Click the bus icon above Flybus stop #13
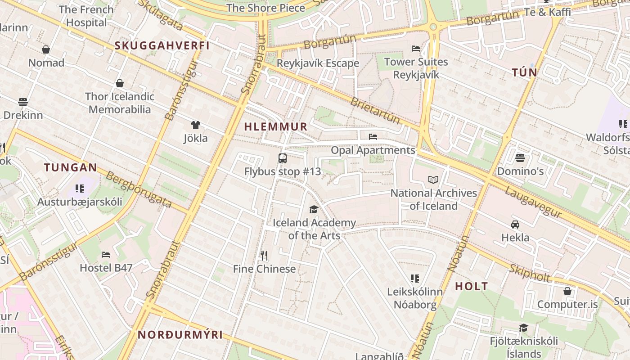283,158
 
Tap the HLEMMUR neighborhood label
276,127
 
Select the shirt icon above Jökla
195,125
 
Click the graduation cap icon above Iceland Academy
314,209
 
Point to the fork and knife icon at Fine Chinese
264,256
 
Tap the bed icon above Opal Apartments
373,137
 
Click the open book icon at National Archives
433,180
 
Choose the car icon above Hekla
515,224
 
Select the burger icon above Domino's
520,158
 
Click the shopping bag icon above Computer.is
567,291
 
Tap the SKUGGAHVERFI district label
162,45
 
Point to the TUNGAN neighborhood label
70,168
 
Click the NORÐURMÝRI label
180,335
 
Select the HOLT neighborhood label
471,286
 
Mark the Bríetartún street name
375,110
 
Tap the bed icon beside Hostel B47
106,255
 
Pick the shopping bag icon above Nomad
46,49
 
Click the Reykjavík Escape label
318,63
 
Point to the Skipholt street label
530,273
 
